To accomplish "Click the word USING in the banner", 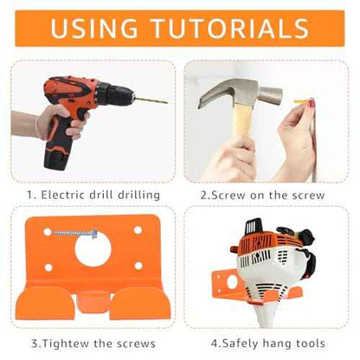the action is pos(94,28).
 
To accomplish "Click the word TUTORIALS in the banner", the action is pos(230,28).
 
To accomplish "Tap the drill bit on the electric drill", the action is pos(151,100).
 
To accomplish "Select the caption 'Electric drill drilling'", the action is pos(100,195).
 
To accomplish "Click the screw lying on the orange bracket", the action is pos(74,233).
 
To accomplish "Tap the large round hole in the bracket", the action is pos(93,248).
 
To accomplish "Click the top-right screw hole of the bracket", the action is pos(138,230).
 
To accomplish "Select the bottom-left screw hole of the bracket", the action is pos(48,267).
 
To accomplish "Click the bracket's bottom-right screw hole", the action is pos(138,266).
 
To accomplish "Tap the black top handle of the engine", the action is pos(254,227).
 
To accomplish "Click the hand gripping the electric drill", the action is pos(61,122).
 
